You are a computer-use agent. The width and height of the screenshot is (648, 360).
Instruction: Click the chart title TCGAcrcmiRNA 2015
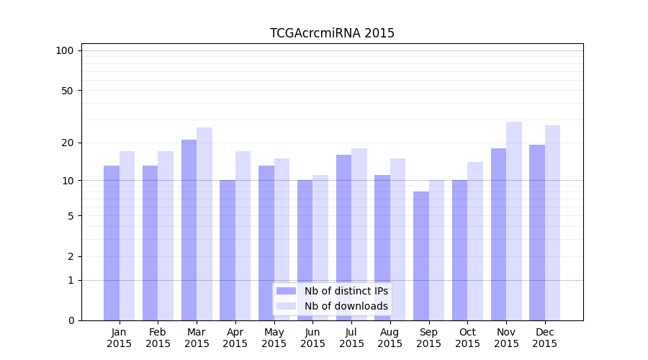[x=332, y=33]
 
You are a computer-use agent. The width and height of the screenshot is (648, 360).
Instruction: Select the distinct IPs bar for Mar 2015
[x=189, y=230]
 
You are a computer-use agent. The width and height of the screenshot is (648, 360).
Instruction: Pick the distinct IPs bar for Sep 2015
[x=421, y=256]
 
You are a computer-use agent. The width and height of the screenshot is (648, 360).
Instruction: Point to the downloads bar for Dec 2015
[x=553, y=223]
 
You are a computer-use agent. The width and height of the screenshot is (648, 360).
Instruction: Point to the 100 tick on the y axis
[x=65, y=50]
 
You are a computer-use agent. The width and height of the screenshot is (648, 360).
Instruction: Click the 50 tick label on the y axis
[x=68, y=91]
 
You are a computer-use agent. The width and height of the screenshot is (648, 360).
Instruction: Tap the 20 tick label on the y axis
[x=68, y=143]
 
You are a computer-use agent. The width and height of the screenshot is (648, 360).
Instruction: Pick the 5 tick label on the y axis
[x=71, y=216]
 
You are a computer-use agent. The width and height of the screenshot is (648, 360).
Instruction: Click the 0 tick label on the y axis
[x=71, y=320]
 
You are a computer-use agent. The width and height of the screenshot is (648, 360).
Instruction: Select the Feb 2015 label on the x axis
[x=158, y=338]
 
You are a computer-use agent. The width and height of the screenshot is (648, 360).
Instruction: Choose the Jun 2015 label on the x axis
[x=312, y=338]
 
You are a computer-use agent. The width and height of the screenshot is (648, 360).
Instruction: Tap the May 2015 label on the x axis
[x=274, y=338]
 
